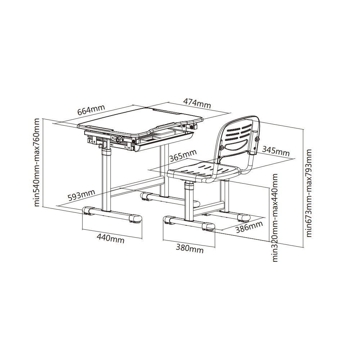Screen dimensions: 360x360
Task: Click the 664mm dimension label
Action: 91,110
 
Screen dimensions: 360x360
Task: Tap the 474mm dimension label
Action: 197,103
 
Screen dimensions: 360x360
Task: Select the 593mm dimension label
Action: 81,195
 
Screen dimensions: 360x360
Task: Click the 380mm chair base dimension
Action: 190,248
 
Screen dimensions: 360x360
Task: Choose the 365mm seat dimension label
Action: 183,156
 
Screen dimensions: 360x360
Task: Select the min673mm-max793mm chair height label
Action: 309,193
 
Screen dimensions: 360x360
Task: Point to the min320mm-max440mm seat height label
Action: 275,218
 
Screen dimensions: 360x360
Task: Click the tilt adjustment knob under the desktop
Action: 118,139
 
